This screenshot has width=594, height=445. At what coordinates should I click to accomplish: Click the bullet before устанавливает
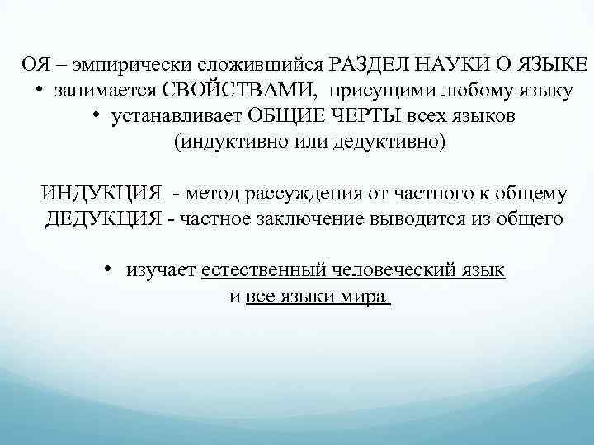coord(98,115)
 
